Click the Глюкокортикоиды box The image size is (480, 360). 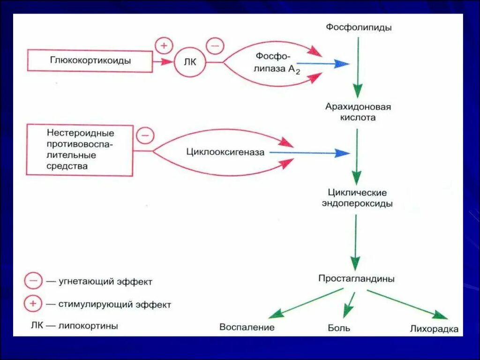click(x=90, y=60)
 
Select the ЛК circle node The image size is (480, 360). click(x=190, y=62)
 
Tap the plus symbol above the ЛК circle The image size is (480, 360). click(x=164, y=46)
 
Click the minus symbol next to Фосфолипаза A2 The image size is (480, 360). click(x=215, y=46)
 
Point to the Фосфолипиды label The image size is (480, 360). click(x=359, y=27)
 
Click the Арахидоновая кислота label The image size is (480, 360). click(x=358, y=112)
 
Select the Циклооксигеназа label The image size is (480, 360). click(x=225, y=152)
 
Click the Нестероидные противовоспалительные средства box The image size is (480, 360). click(x=80, y=150)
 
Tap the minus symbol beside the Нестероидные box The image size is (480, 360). click(x=145, y=136)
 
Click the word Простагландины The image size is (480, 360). click(x=356, y=278)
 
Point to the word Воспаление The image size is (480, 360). click(x=247, y=327)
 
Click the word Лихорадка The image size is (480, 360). click(x=434, y=329)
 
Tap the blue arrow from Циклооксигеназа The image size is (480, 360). click(x=309, y=152)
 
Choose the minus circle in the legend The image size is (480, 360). click(x=33, y=282)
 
